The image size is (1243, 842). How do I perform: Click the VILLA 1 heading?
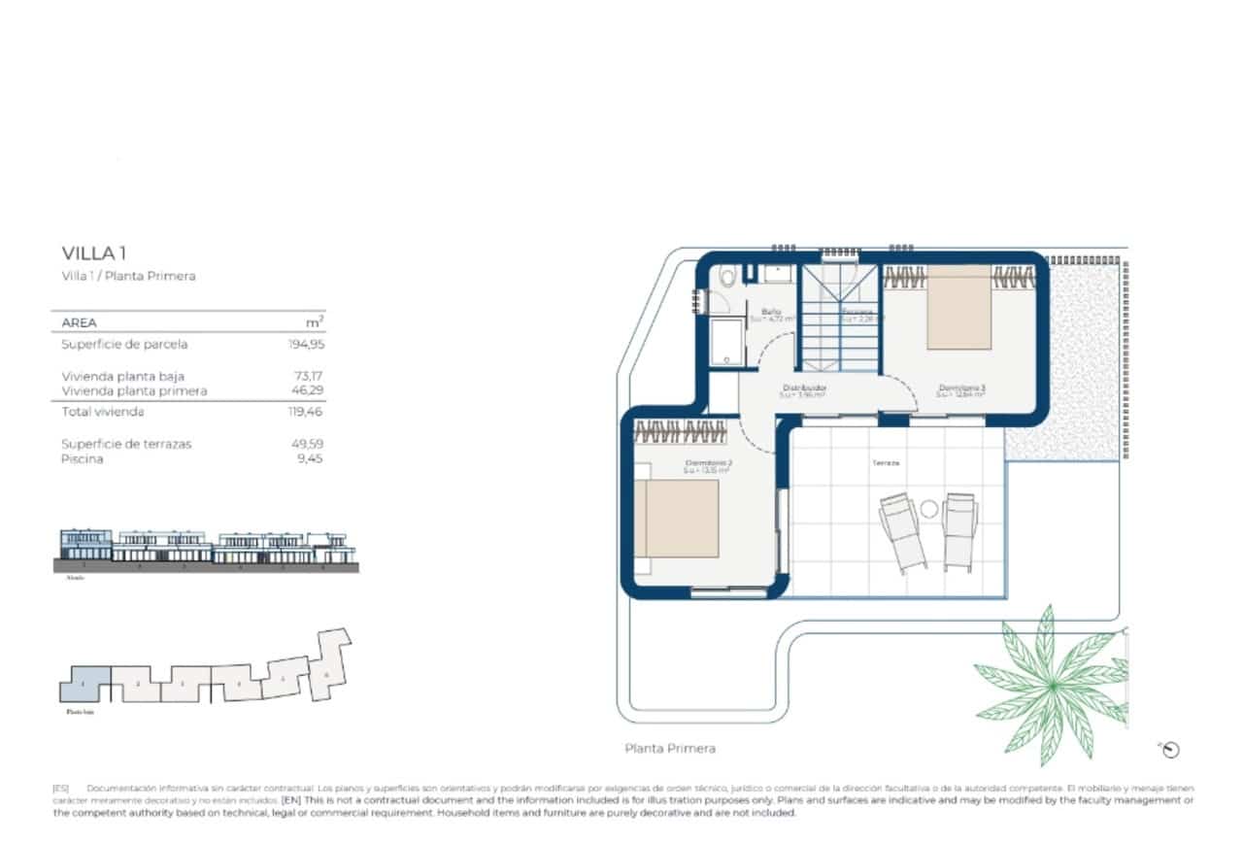(x=94, y=253)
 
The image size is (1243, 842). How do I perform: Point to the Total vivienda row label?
(x=103, y=412)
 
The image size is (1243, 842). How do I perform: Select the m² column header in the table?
(x=315, y=321)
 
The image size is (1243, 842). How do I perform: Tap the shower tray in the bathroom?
(x=723, y=343)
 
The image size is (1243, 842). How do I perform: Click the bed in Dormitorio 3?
(x=958, y=307)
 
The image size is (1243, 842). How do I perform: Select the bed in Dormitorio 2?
(x=676, y=517)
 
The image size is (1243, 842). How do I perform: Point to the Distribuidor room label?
(x=803, y=387)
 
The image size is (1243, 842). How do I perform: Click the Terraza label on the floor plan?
(x=885, y=463)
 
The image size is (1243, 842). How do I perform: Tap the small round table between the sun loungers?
(x=928, y=508)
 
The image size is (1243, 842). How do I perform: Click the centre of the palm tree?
(x=1053, y=686)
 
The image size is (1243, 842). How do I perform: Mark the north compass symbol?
(x=1170, y=749)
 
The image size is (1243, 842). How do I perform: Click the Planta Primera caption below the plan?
(x=670, y=749)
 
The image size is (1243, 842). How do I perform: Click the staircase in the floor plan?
(x=839, y=320)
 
